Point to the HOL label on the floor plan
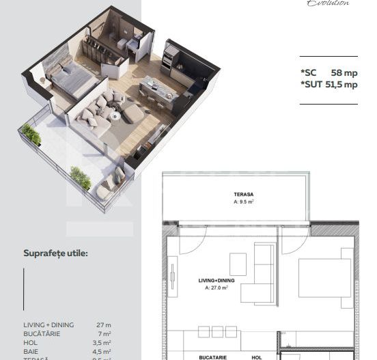[257, 357]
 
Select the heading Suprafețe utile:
[55, 253]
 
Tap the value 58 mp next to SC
[344, 72]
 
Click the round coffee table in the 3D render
[115, 115]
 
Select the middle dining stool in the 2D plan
[217, 331]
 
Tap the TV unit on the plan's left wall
[172, 275]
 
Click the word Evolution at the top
[328, 3]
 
